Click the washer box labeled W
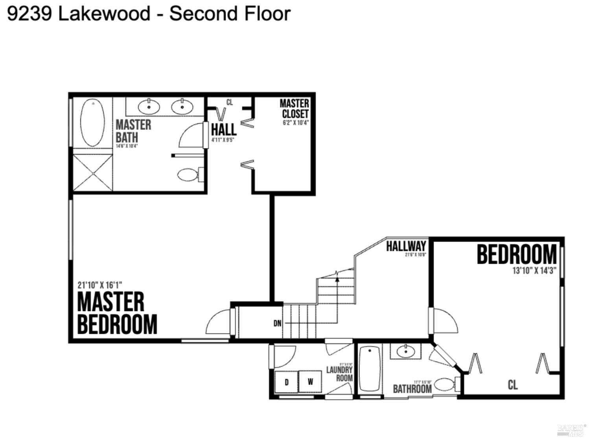pyautogui.click(x=310, y=381)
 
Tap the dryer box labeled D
pyautogui.click(x=286, y=381)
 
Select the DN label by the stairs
pyautogui.click(x=278, y=323)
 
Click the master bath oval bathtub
pyautogui.click(x=92, y=123)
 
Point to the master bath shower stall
pyautogui.click(x=92, y=173)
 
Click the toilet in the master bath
pyautogui.click(x=189, y=174)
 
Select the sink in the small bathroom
pyautogui.click(x=405, y=351)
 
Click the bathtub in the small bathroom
pyautogui.click(x=370, y=369)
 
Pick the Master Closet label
pyautogui.click(x=295, y=109)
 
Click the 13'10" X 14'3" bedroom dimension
pyautogui.click(x=534, y=271)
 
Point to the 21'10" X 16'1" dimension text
pyautogui.click(x=100, y=285)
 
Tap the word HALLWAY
pyautogui.click(x=406, y=246)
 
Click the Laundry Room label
pyautogui.click(x=340, y=374)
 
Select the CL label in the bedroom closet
pyautogui.click(x=513, y=385)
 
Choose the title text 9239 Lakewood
pyautogui.click(x=79, y=13)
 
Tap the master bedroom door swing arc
pyautogui.click(x=216, y=320)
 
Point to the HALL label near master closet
pyautogui.click(x=223, y=129)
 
